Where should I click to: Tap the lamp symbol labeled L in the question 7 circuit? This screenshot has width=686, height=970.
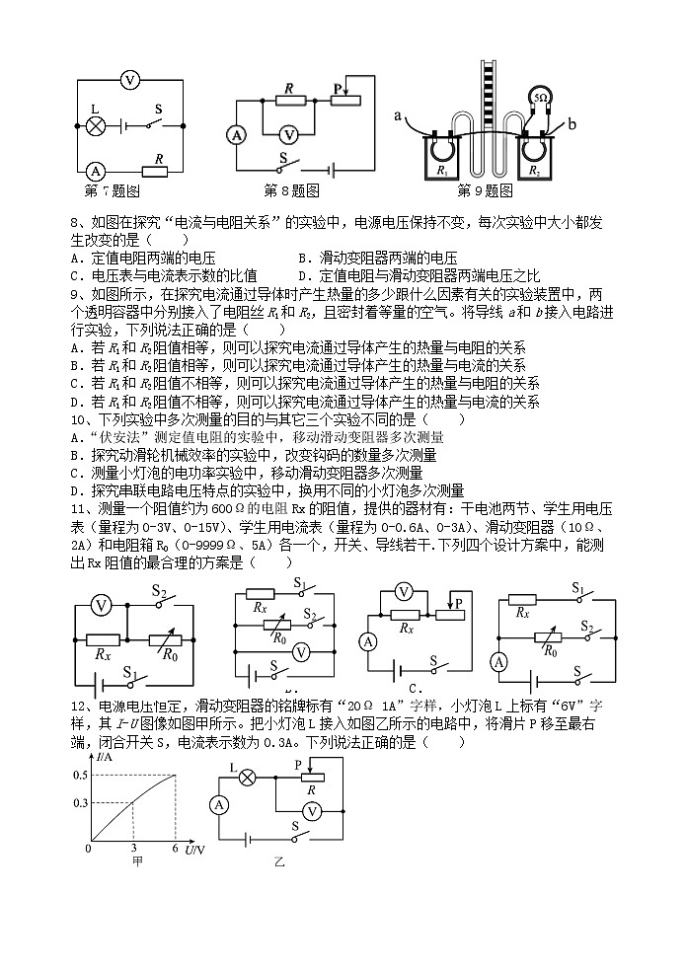tap(96, 125)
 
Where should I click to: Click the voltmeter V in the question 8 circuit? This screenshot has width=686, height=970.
tap(288, 134)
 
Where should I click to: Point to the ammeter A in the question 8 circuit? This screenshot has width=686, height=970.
tap(236, 135)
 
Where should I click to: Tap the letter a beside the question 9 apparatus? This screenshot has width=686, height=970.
tap(399, 115)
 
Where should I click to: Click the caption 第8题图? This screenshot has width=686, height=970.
tap(291, 189)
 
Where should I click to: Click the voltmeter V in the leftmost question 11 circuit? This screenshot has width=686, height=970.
tap(100, 604)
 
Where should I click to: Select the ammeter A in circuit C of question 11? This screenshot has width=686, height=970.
tap(368, 642)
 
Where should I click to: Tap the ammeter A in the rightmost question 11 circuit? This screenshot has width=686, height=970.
tap(499, 662)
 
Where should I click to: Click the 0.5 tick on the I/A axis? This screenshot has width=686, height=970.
tap(79, 775)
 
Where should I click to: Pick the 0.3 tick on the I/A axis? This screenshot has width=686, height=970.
tap(79, 803)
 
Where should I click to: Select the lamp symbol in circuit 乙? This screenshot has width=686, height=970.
tap(248, 777)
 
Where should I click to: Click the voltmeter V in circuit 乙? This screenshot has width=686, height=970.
tap(311, 809)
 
